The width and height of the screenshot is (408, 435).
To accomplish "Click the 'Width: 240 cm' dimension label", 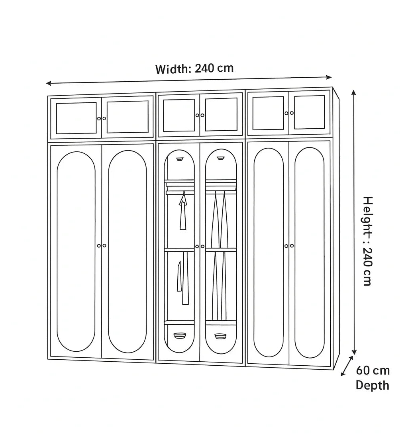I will pyautogui.click(x=194, y=69).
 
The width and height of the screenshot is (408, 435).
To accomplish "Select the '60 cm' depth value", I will pyautogui.click(x=373, y=371).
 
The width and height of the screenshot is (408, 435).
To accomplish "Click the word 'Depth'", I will pyautogui.click(x=372, y=385).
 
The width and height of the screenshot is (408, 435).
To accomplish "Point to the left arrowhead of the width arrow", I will pyautogui.click(x=48, y=83).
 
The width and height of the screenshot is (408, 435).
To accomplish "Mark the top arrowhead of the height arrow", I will pyautogui.click(x=353, y=93).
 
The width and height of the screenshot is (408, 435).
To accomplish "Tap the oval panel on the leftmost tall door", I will pyautogui.click(x=76, y=251).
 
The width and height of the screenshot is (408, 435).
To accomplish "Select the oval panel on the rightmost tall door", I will pyautogui.click(x=309, y=252).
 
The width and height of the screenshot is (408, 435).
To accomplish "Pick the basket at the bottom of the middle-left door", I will pyautogui.click(x=180, y=335).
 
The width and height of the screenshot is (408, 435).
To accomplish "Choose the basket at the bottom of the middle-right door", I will pyautogui.click(x=220, y=336).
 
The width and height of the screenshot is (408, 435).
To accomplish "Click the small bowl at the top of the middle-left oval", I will pyautogui.click(x=180, y=159).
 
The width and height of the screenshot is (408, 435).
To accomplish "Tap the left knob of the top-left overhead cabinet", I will pyautogui.click(x=99, y=118).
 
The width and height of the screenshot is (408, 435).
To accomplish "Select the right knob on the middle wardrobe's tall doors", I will pyautogui.click(x=202, y=247).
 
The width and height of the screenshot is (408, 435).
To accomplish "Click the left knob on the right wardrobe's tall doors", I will pyautogui.click(x=286, y=246).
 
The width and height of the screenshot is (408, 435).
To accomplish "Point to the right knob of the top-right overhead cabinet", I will pyautogui.click(x=292, y=113).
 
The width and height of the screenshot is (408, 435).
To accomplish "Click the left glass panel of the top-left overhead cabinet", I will pyautogui.click(x=76, y=118).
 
